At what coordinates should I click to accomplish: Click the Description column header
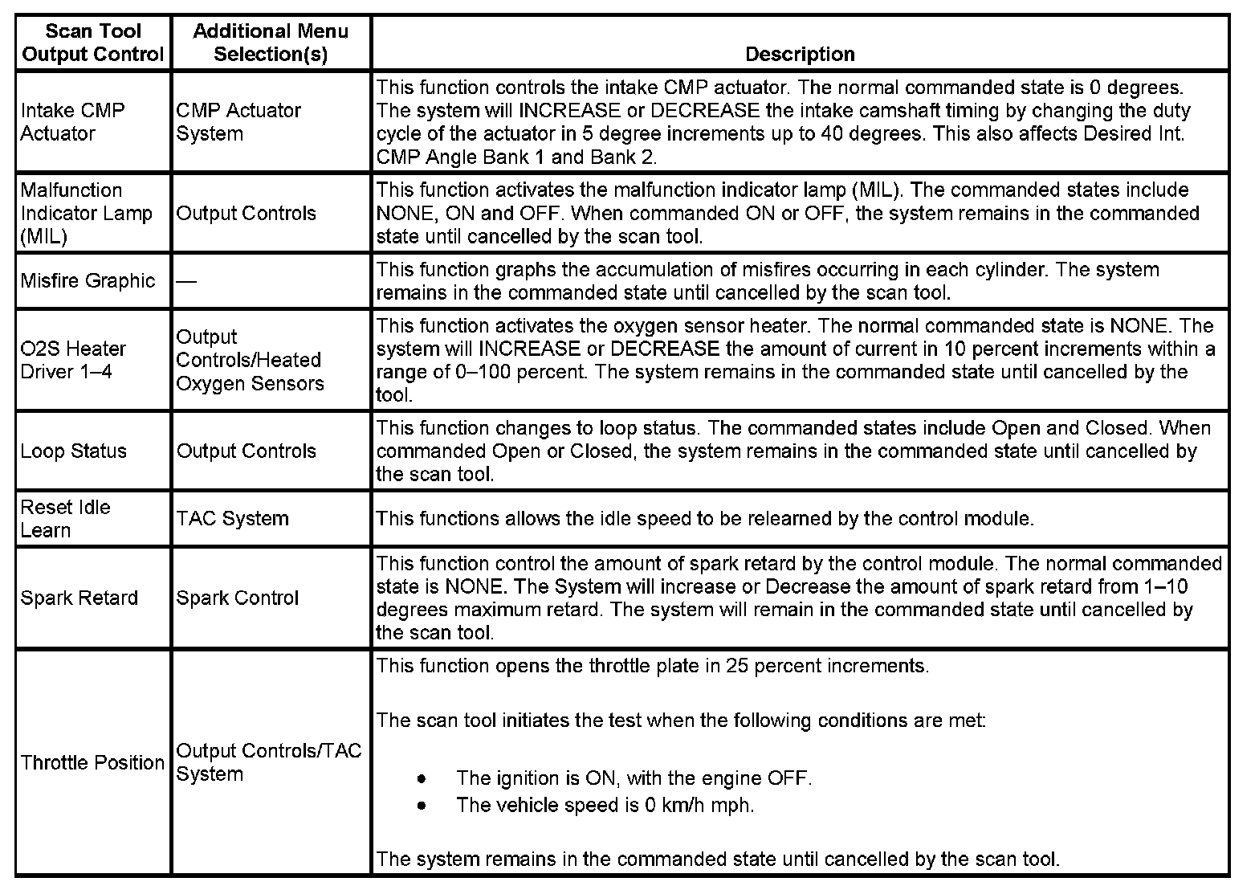click(x=800, y=54)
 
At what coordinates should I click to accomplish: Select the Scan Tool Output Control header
click(x=93, y=43)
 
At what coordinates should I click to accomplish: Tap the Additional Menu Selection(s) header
click(x=271, y=43)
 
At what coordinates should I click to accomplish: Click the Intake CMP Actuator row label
click(x=73, y=121)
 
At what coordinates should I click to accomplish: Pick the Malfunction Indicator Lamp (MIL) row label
click(x=86, y=213)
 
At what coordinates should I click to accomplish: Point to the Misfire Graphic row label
click(x=88, y=281)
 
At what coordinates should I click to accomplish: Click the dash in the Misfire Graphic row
click(x=185, y=281)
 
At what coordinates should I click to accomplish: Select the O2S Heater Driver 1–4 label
click(x=73, y=360)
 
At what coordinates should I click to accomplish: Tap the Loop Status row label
click(x=74, y=451)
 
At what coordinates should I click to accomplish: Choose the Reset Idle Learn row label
click(x=66, y=518)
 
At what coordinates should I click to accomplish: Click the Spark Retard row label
click(x=79, y=598)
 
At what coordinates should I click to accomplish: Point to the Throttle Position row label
click(x=92, y=761)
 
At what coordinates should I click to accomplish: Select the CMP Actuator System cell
click(x=238, y=121)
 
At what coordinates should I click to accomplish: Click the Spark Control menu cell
click(x=238, y=598)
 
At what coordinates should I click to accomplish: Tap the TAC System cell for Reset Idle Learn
click(x=232, y=518)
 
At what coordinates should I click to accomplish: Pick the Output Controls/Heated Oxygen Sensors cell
click(x=250, y=360)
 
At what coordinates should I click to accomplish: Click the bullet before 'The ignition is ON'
click(x=422, y=778)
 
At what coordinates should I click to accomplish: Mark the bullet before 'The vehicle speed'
click(x=422, y=805)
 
